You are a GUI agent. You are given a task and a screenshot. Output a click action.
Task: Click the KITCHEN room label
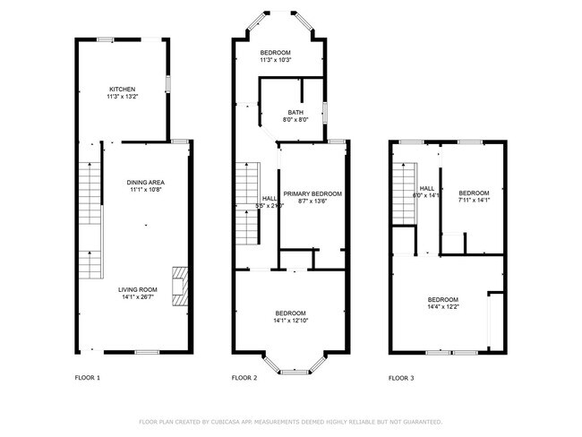122,90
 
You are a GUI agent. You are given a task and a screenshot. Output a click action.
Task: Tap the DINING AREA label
145,182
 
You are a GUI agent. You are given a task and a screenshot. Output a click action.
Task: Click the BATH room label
295,112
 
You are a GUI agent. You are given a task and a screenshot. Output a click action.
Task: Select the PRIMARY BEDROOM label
312,193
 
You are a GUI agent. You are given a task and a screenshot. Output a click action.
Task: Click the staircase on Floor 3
407,194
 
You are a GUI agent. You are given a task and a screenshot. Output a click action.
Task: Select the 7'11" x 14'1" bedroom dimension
474,201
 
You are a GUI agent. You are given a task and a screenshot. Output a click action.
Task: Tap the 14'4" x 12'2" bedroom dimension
443,307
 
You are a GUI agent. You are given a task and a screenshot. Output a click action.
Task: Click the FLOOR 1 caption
87,378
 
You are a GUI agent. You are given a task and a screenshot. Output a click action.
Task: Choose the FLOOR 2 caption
244,378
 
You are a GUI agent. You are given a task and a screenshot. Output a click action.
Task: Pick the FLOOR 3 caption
401,378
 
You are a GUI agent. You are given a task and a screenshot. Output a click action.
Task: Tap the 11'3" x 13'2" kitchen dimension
122,97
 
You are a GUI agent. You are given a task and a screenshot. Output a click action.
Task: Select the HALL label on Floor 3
427,188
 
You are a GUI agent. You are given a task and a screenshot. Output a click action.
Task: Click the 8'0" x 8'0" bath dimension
295,119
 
